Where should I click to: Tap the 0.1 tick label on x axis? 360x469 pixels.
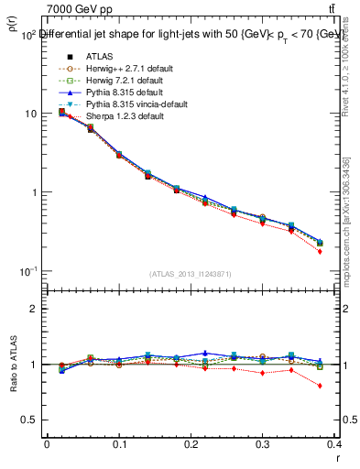pos(119,443)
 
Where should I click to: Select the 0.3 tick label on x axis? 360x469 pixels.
pos(263,443)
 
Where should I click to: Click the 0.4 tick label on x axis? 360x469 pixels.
pos(334,443)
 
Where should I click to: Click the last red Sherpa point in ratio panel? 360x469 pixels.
pos(320,386)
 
